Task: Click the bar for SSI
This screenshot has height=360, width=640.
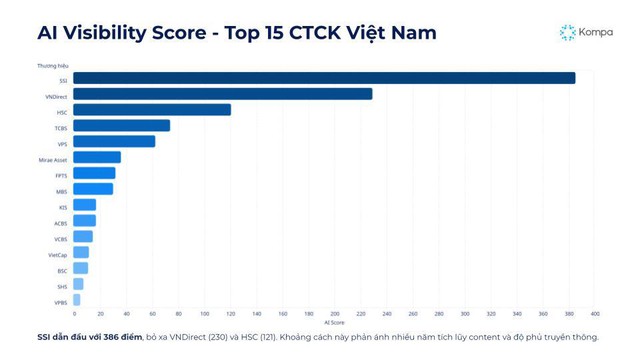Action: [324, 78]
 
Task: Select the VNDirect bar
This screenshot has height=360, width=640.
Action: [222, 94]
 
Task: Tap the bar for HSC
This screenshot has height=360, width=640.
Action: [152, 110]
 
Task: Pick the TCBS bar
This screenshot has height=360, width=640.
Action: [121, 126]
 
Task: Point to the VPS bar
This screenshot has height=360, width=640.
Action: [114, 142]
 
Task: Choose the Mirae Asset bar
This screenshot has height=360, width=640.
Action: [97, 158]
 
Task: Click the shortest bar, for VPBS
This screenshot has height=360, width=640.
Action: [77, 300]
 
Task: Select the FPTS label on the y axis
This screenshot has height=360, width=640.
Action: [61, 174]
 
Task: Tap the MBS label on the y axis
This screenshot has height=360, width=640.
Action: [61, 190]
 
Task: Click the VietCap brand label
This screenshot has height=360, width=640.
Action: [57, 254]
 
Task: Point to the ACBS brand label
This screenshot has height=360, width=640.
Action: [60, 222]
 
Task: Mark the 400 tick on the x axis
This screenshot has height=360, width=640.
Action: [595, 313]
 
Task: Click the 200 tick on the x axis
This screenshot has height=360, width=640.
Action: [334, 313]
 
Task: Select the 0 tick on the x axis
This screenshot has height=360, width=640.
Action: [73, 313]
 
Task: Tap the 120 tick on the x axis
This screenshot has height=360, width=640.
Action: [230, 313]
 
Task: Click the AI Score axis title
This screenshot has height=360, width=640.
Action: [334, 322]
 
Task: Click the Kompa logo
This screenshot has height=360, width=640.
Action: [586, 32]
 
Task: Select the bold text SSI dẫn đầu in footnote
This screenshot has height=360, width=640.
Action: [70, 337]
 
